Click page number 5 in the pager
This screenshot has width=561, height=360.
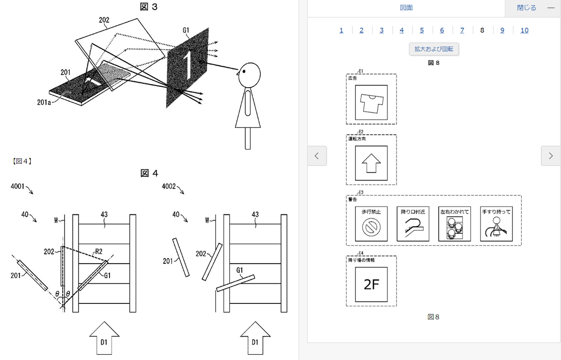pos(422,30)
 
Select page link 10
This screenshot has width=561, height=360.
pos(524,30)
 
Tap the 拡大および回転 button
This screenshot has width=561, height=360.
pos(434,49)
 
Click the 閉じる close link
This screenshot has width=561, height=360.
pos(526,8)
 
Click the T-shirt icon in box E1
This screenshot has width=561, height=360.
pos(371,103)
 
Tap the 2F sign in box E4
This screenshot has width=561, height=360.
pos(371,285)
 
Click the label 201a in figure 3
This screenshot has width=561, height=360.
pos(45,102)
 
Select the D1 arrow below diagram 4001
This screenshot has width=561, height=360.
pos(104,338)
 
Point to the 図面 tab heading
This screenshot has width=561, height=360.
pos(406,8)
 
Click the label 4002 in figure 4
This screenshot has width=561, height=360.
pos(169,186)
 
